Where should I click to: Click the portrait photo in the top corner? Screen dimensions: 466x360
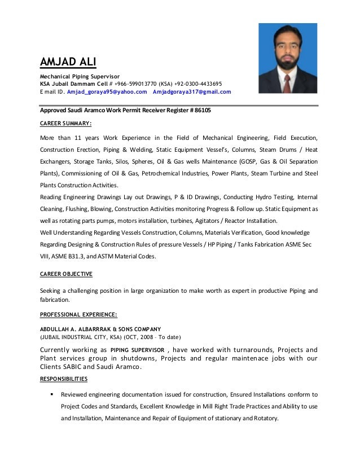point(287,58)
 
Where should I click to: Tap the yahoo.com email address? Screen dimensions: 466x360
point(107,91)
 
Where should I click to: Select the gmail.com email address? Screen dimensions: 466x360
point(192,91)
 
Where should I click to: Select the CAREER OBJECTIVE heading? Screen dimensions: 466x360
point(66,274)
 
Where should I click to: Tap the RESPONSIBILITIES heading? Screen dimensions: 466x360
point(64,379)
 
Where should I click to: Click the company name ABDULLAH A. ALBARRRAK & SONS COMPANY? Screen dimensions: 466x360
point(100,329)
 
